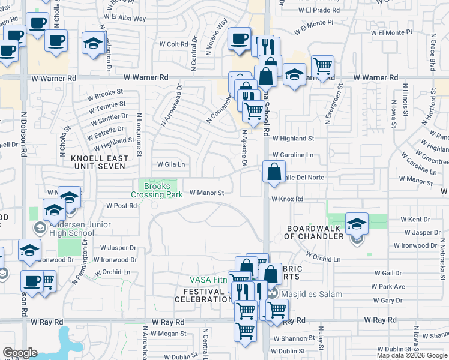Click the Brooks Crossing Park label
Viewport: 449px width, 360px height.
158,190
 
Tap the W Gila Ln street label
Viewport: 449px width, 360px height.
171,164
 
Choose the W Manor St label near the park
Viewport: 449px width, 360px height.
206,193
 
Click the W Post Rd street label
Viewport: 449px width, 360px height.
122,205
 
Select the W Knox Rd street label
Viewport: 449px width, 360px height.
287,199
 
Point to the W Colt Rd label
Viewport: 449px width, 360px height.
174,44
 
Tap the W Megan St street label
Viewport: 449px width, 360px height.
167,334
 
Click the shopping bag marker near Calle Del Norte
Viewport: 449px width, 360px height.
274,172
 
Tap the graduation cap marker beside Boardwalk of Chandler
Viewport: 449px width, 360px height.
357,223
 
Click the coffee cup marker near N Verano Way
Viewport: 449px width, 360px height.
240,39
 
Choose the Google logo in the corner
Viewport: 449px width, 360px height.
20,353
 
